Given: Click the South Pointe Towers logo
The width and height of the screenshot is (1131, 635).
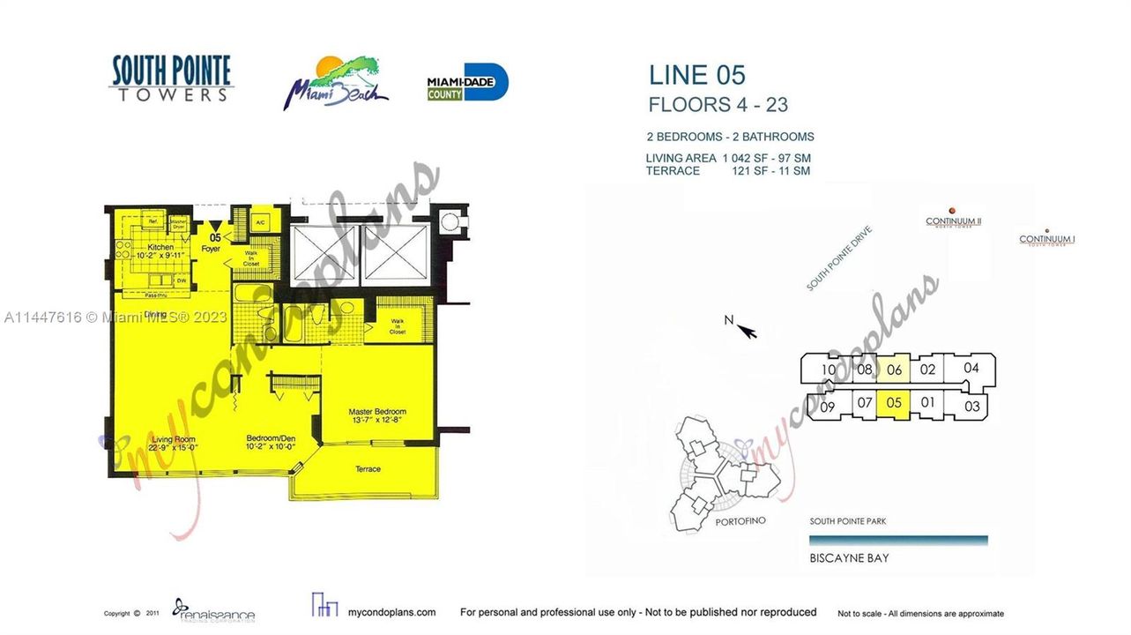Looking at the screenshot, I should coord(171,78).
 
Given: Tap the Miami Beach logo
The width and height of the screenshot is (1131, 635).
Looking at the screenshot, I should coord(335,84).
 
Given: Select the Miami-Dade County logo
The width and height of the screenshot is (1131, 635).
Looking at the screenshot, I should coord(467,83).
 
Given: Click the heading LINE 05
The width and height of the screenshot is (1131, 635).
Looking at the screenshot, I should coord(696,75).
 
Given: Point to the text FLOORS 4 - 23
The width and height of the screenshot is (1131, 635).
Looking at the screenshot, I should coord(718,105).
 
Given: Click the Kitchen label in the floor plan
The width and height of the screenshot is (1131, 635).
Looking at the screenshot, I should coord(160,247).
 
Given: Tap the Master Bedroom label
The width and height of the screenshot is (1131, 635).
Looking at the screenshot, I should coord(377,412).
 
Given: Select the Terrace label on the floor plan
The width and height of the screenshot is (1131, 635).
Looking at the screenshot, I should coord(368,469).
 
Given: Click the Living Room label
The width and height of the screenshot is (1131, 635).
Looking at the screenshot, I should coord(173,439).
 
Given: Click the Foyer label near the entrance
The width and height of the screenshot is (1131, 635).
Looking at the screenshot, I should coord(211,249).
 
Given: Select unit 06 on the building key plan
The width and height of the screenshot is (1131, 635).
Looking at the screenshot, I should coord(894,370).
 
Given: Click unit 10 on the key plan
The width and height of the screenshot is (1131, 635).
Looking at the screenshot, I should coord(828,370).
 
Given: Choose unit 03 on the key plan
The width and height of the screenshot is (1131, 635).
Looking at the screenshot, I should coord(971,407).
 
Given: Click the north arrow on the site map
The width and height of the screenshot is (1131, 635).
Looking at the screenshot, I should coord(746,330).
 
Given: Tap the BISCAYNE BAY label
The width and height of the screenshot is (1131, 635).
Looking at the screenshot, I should coord(849,558).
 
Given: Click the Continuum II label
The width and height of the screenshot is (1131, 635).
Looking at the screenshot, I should coord(953,221).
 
